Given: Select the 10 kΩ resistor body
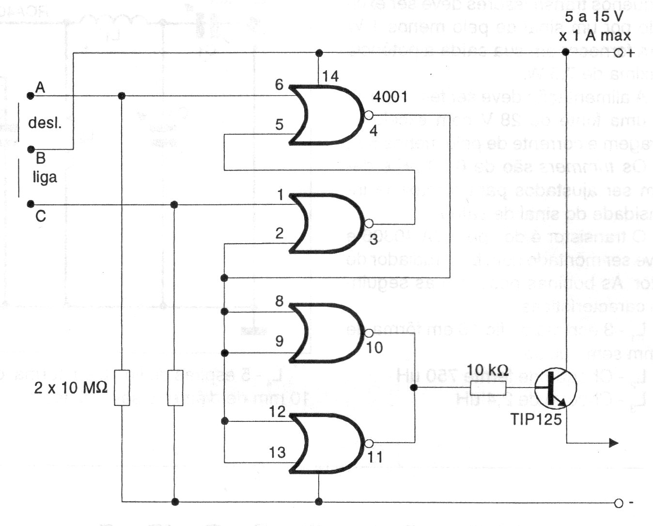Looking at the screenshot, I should click(488, 387).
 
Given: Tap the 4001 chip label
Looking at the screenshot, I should click(390, 97).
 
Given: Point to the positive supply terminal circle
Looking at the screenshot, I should click(618, 53).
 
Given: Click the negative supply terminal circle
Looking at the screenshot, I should click(618, 503).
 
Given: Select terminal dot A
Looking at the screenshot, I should click(31, 96).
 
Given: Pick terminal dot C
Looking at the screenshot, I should click(31, 204).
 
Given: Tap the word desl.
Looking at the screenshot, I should click(45, 123).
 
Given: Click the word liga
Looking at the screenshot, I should click(45, 177).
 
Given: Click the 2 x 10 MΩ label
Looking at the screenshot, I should click(71, 387).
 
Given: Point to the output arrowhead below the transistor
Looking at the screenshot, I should click(613, 443).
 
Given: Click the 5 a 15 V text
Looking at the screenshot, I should click(594, 17).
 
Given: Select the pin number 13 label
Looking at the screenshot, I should click(278, 453).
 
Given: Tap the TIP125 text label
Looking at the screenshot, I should click(536, 418).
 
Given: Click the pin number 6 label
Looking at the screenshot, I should click(279, 85).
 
